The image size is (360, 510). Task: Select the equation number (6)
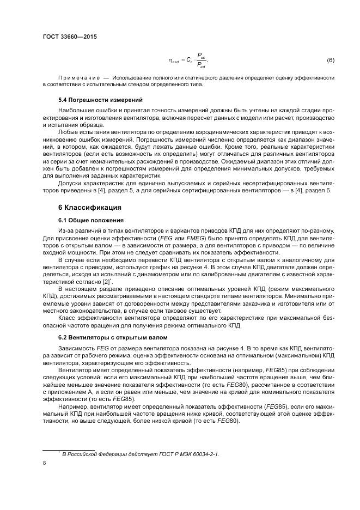click(x=330, y=59)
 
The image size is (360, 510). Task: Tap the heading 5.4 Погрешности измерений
click(x=93, y=100)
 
